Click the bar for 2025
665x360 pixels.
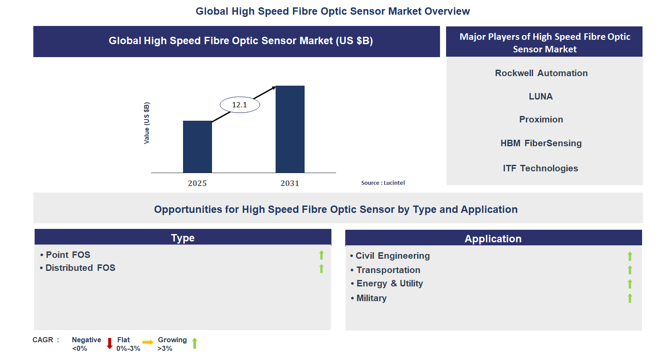(x=197, y=147)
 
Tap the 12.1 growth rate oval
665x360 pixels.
(x=240, y=105)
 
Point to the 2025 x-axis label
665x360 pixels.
(x=197, y=183)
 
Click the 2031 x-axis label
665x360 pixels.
(x=290, y=183)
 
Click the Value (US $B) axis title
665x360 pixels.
(x=147, y=123)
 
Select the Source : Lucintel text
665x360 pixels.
(x=383, y=183)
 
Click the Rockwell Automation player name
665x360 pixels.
(x=541, y=73)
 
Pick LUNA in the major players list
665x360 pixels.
(x=541, y=96)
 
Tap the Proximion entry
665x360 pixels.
(x=541, y=119)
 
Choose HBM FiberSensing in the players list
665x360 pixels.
(x=541, y=143)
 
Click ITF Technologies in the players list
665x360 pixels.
(x=540, y=168)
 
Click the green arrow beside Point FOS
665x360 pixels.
(x=321, y=255)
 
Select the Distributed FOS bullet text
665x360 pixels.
(x=80, y=268)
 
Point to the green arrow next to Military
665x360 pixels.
(x=630, y=298)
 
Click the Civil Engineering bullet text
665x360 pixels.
(x=392, y=256)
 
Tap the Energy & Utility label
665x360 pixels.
(x=389, y=283)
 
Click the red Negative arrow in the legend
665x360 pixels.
(x=109, y=344)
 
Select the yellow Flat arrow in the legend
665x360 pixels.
(x=148, y=342)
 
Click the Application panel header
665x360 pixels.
(x=493, y=238)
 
